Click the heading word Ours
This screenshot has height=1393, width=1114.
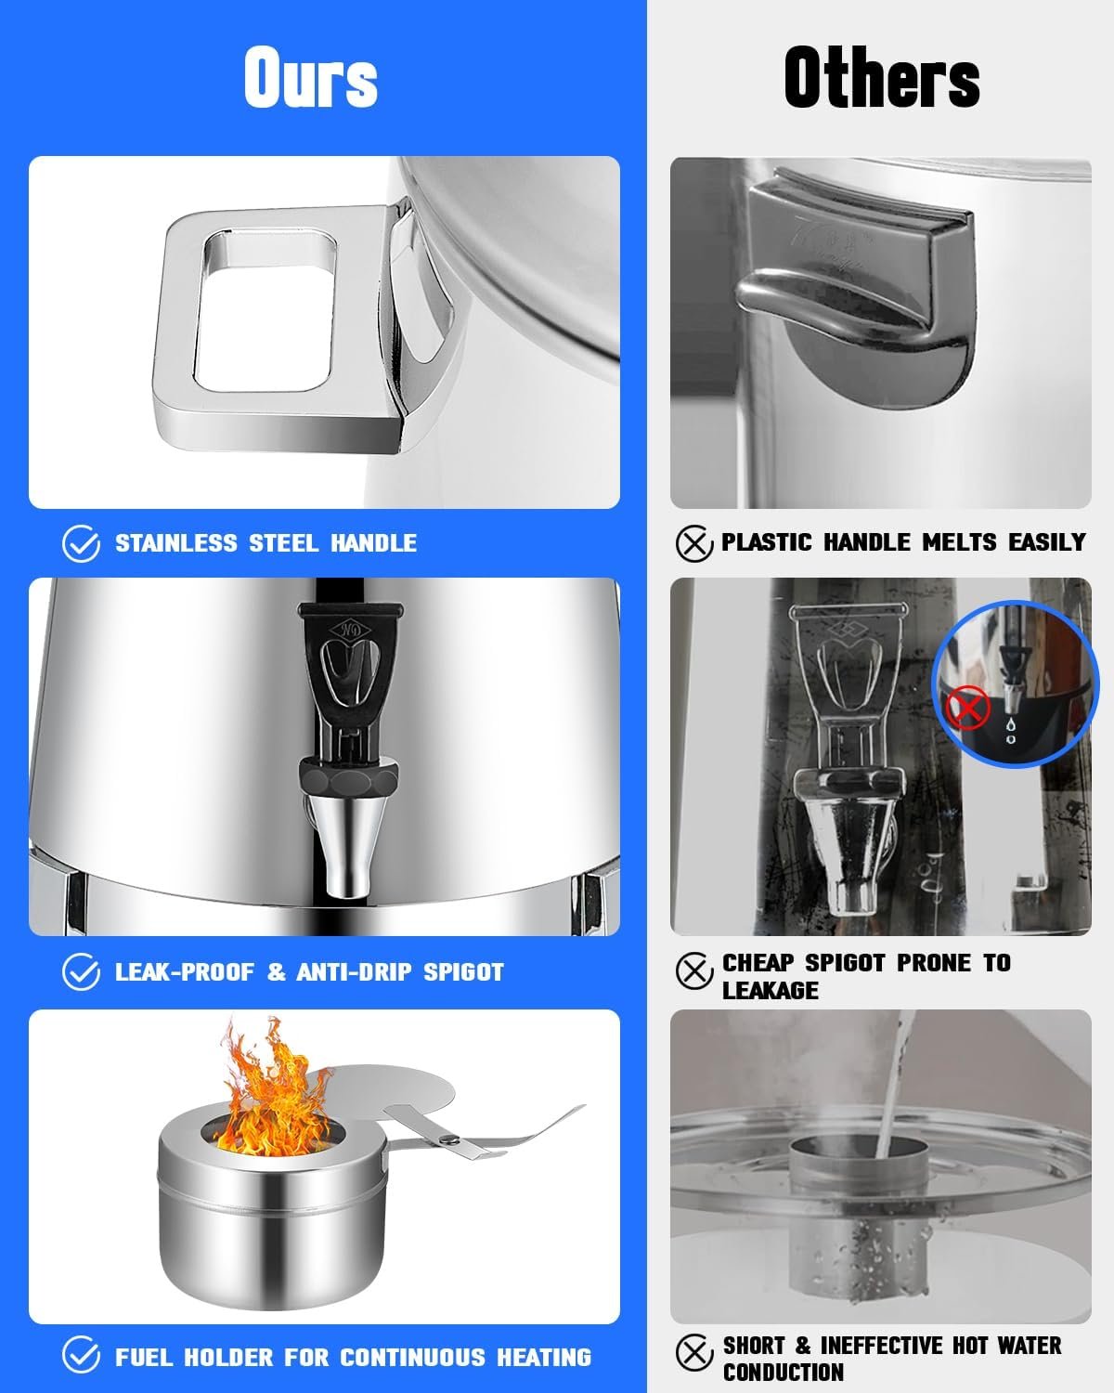(311, 77)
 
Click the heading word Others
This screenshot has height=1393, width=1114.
(882, 77)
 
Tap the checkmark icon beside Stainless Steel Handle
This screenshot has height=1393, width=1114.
(81, 543)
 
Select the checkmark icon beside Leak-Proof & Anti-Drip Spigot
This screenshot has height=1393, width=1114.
(81, 971)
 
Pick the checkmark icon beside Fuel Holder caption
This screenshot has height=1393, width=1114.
(81, 1355)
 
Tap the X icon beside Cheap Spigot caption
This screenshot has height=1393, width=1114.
(694, 971)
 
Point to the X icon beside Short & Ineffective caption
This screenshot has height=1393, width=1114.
(694, 1352)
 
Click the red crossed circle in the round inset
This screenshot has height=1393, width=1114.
(967, 708)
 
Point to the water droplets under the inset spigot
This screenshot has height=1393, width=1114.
(1010, 730)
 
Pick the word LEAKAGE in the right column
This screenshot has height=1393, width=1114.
(771, 990)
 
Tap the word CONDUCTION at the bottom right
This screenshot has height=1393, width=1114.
(784, 1373)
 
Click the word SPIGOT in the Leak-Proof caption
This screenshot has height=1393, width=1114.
(463, 971)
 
